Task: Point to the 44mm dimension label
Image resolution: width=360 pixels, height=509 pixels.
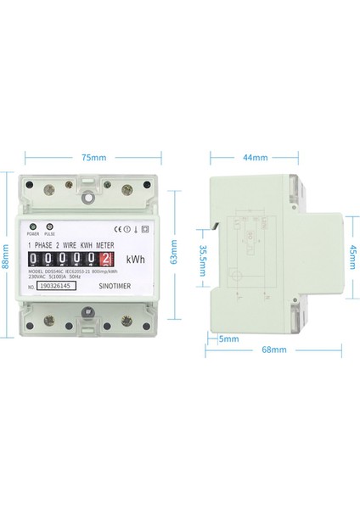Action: coord(255,157)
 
